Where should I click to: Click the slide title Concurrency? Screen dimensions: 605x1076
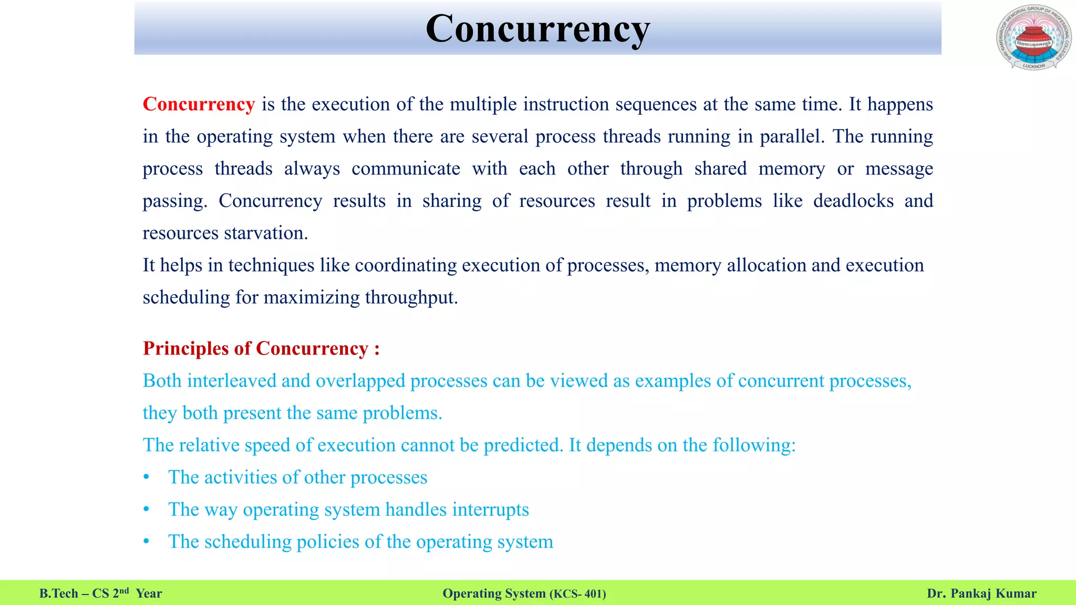tap(537, 29)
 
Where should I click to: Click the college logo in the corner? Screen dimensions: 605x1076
tap(1033, 38)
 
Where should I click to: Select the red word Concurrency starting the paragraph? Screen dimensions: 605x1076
tap(199, 104)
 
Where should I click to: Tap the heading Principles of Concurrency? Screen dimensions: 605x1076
tap(261, 349)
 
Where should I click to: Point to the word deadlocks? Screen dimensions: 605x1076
tap(853, 201)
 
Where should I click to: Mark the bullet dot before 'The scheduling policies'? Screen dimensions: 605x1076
tap(147, 541)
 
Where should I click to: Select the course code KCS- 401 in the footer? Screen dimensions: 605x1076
tap(577, 594)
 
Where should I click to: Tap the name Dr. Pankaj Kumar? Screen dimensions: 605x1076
tap(981, 593)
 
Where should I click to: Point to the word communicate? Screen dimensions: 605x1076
tap(406, 169)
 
